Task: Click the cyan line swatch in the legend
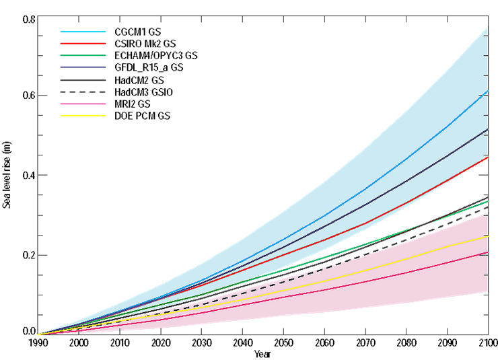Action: pos(83,32)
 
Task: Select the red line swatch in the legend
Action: pos(83,43)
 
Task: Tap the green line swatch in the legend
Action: pos(83,55)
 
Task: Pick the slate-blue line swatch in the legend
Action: pos(83,67)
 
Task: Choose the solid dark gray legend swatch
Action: pos(83,80)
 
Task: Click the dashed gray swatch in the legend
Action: pos(83,92)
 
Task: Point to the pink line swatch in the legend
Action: pos(83,104)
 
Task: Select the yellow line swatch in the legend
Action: pos(83,115)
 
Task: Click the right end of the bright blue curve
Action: pos(488,90)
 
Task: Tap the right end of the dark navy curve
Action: pos(488,129)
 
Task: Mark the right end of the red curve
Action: pos(488,157)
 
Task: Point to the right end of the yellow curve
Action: pos(488,236)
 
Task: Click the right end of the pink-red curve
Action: pos(488,252)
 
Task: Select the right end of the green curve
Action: pos(488,201)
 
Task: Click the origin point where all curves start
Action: pos(38,334)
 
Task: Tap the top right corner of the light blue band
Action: pos(488,26)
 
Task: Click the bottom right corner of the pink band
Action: pos(488,292)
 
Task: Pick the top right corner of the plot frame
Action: pos(489,15)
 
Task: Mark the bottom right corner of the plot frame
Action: pos(489,334)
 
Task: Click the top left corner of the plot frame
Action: pos(38,15)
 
